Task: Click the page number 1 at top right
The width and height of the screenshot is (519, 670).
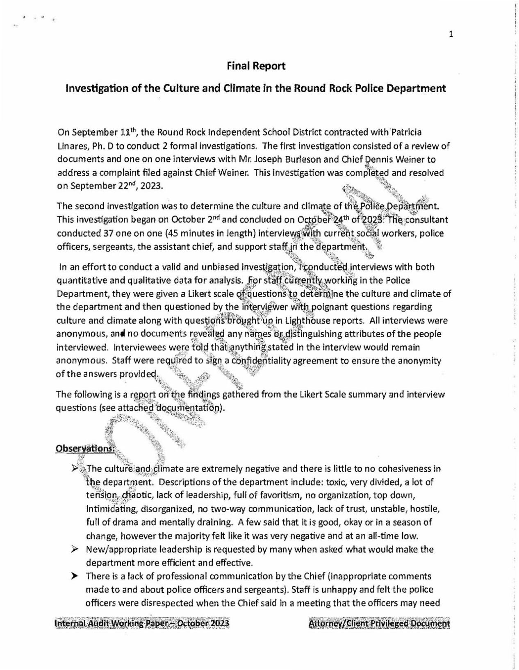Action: tap(451, 35)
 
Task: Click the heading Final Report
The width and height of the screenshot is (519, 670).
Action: tap(256, 66)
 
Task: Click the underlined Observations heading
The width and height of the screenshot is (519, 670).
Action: tap(85, 448)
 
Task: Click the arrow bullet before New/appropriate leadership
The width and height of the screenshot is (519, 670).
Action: tap(75, 549)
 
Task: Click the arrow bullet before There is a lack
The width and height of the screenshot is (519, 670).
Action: tap(75, 576)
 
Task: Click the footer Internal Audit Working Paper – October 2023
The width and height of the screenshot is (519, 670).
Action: tap(142, 624)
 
